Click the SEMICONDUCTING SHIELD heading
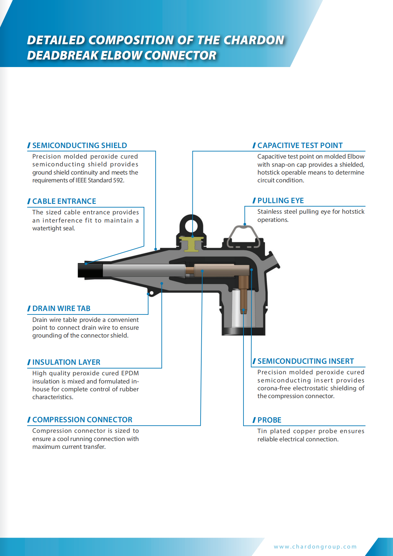click(x=79, y=146)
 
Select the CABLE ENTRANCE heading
click(x=64, y=201)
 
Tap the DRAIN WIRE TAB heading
click(x=61, y=309)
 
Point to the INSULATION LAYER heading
click(x=66, y=362)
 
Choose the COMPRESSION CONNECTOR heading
click(x=82, y=420)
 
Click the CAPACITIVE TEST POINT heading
click(x=300, y=146)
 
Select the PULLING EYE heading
click(x=280, y=201)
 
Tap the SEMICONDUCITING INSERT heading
click(x=305, y=361)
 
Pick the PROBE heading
click(x=269, y=420)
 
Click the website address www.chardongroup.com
click(x=315, y=547)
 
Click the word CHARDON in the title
click(x=254, y=40)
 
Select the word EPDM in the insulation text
click(x=130, y=373)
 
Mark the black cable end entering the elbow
click(x=90, y=270)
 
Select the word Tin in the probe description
click(x=262, y=431)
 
